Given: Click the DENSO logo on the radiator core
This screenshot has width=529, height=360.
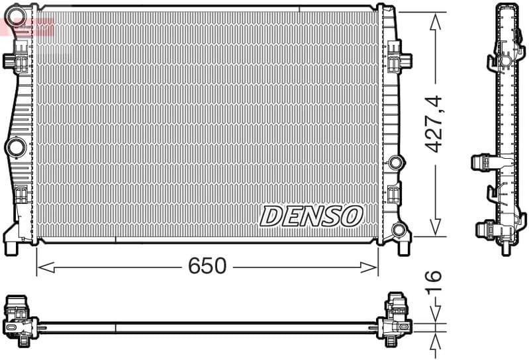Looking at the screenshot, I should (311, 216).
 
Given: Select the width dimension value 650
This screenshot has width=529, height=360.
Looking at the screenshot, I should (207, 266).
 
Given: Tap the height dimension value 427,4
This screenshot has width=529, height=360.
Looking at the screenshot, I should (434, 124).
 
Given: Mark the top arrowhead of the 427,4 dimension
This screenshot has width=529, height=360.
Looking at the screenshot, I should (435, 21).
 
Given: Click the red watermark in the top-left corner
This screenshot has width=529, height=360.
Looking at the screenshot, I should (26, 25).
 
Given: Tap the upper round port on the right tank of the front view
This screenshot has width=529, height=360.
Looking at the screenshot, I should (396, 162).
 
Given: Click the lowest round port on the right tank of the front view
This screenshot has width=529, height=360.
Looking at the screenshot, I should (398, 230).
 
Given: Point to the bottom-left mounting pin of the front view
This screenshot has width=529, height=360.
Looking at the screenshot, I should (11, 249).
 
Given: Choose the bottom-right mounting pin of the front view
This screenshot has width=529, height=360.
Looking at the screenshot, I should (403, 249).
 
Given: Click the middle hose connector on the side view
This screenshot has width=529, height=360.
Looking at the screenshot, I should (481, 162).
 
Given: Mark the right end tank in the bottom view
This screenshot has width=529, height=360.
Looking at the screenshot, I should (395, 321).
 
